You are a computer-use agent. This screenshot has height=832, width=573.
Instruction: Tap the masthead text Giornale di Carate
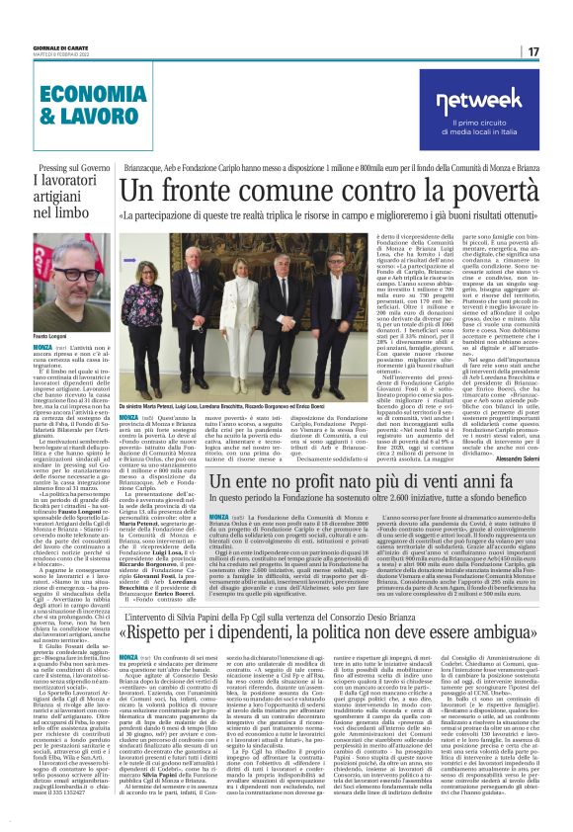click(x=61, y=45)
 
